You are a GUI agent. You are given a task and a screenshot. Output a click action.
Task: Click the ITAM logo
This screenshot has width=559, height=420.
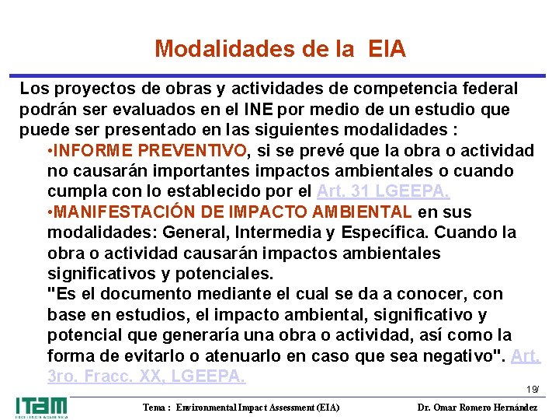coord(41,407)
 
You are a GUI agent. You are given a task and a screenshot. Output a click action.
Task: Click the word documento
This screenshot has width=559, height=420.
coord(148,294)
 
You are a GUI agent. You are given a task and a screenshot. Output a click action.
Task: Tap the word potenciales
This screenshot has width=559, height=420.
coord(226,274)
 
